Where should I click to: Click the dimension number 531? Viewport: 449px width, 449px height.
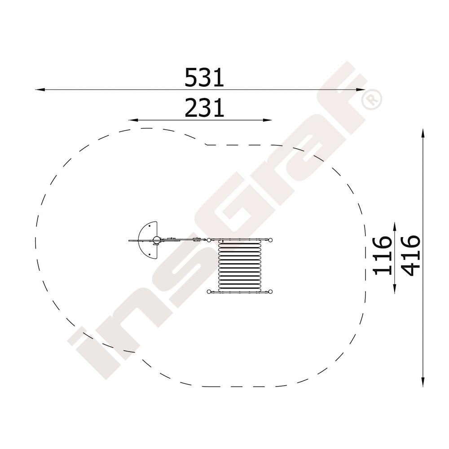(x=204, y=77)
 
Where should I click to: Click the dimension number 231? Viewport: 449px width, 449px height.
(x=204, y=108)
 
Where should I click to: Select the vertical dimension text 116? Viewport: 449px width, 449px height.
(x=383, y=255)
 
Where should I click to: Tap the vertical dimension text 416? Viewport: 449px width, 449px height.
(x=411, y=255)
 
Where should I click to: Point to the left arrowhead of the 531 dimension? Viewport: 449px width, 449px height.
(x=40, y=90)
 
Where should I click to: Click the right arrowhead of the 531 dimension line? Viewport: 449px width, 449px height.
(x=361, y=90)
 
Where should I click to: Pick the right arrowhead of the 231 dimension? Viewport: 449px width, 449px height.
(x=267, y=120)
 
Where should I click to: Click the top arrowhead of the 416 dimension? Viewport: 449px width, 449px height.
(x=423, y=133)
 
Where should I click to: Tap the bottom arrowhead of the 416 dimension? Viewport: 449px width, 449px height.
(x=423, y=382)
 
